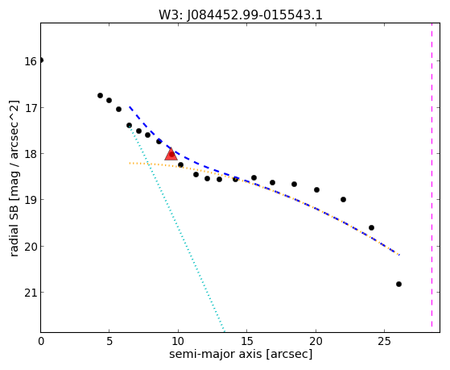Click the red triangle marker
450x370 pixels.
click(171, 155)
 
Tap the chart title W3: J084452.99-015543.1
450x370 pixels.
click(241, 15)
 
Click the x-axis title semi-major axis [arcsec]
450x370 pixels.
click(241, 354)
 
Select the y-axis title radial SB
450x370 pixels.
click(14, 223)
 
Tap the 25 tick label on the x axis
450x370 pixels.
click(384, 341)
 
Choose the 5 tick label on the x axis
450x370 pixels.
click(109, 341)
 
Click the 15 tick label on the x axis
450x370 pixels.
click(247, 341)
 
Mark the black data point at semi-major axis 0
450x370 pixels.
click(41, 60)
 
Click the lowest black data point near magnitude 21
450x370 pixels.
click(398, 284)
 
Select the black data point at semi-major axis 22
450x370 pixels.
click(343, 200)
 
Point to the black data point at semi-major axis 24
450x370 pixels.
click(371, 227)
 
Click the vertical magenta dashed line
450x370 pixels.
click(431, 177)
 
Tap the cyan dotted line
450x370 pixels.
click(176, 229)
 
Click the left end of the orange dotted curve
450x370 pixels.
click(130, 163)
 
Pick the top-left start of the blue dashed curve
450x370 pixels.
click(130, 107)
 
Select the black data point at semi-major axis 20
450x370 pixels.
click(316, 189)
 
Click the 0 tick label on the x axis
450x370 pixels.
click(41, 341)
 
